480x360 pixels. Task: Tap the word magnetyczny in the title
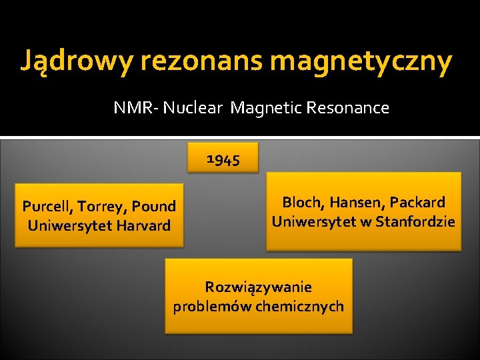[361, 62]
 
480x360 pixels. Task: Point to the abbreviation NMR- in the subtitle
[135, 108]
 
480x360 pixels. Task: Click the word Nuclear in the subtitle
[193, 108]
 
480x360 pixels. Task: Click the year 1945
[223, 159]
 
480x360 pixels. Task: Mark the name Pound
[155, 207]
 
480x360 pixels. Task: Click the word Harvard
[143, 225]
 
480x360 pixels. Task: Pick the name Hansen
[355, 202]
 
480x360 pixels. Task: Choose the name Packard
[417, 202]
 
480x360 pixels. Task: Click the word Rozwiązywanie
[259, 287]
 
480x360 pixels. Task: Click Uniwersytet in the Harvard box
[69, 225]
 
